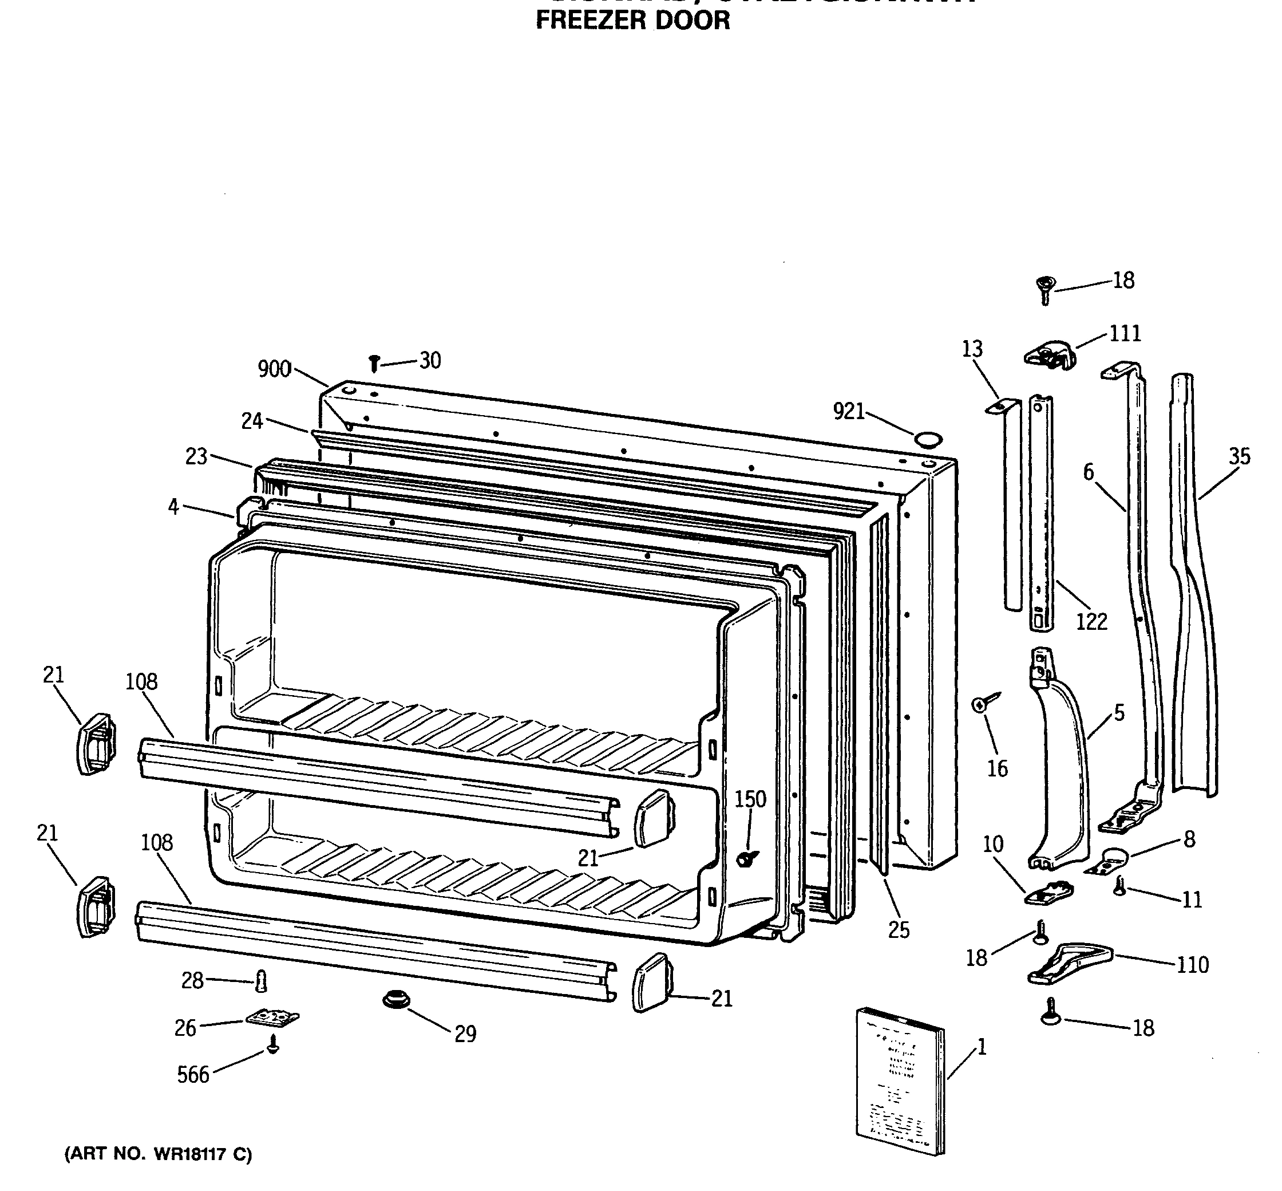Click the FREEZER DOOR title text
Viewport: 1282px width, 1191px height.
click(x=632, y=20)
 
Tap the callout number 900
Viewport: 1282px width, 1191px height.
click(x=275, y=369)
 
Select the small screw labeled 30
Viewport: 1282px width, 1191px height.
click(x=374, y=364)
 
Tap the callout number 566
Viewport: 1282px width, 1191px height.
click(x=193, y=1074)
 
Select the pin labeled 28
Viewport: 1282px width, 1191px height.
click(x=261, y=981)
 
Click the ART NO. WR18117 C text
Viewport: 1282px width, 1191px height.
click(x=159, y=1154)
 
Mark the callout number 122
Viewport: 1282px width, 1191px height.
click(x=1091, y=621)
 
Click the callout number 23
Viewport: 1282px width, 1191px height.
click(x=196, y=456)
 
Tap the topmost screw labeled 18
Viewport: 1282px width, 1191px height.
click(x=1045, y=289)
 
